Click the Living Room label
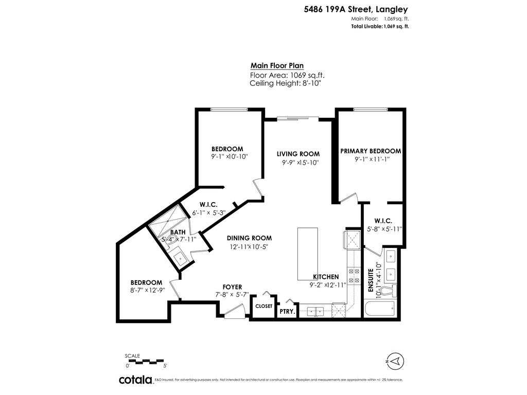click(x=298, y=154)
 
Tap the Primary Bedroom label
click(x=370, y=151)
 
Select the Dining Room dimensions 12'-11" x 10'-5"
click(x=250, y=246)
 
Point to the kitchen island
click(x=307, y=253)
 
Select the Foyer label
click(x=232, y=286)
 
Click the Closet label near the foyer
click(x=263, y=306)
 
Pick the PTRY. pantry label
click(x=287, y=311)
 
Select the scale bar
click(x=145, y=361)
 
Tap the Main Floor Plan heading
click(x=277, y=65)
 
